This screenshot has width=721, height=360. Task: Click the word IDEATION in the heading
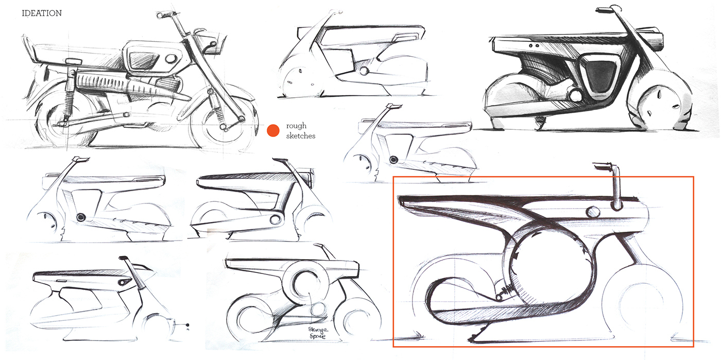[x=42, y=13]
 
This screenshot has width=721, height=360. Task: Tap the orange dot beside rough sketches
[x=273, y=131]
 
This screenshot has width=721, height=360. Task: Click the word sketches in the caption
[x=300, y=136]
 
